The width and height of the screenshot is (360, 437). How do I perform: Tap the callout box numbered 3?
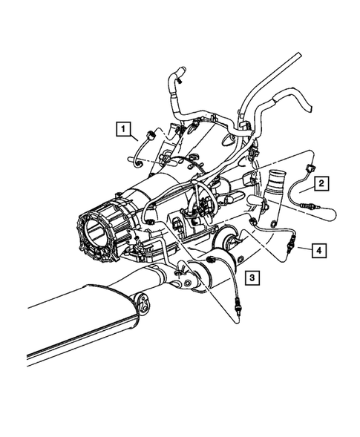(253, 277)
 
